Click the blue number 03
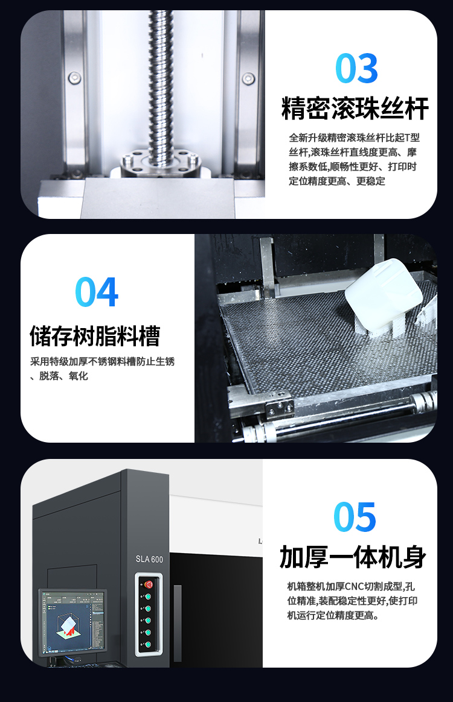[356, 68]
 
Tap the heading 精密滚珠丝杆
[355, 109]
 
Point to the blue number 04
[97, 292]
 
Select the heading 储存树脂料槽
[95, 337]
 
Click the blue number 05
[355, 517]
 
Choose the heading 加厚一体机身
[353, 557]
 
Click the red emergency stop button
[148, 584]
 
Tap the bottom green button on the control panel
[147, 644]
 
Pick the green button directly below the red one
[147, 596]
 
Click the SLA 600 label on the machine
[149, 559]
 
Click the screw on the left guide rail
[75, 79]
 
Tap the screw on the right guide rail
[248, 79]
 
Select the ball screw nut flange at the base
[159, 163]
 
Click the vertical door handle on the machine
[178, 623]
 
